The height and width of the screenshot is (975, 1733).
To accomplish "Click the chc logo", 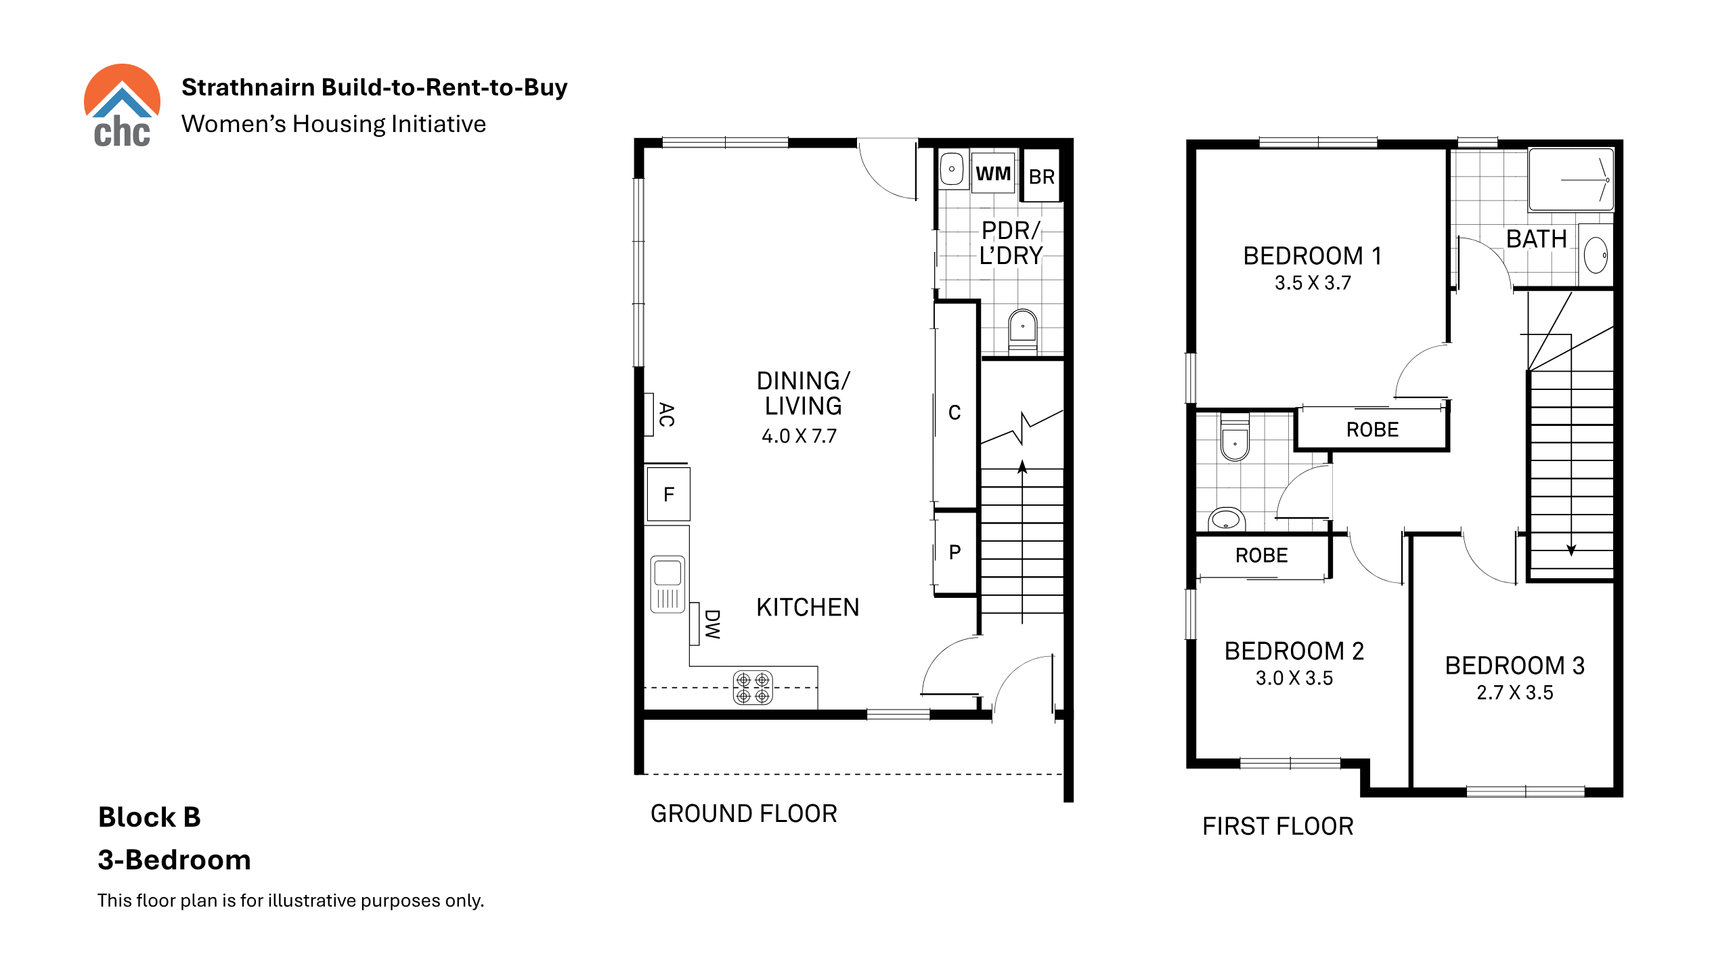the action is (x=122, y=106).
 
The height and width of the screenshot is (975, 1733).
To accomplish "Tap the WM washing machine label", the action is (x=993, y=174).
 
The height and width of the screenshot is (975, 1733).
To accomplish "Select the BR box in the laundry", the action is (x=1041, y=175).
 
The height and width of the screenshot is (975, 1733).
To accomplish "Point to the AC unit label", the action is (x=667, y=414).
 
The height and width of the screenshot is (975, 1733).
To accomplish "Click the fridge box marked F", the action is (x=668, y=494).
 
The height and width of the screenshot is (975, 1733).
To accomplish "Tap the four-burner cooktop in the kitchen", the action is (x=753, y=688).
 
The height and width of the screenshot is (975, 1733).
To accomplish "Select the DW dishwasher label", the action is (x=712, y=624).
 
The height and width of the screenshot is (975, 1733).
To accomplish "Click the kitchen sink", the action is (x=667, y=584).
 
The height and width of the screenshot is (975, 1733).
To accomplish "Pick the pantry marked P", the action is (x=955, y=552).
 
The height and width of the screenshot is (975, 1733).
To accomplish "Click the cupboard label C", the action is (x=955, y=412).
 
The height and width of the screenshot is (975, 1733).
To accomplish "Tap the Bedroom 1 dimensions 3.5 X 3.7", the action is (x=1313, y=283).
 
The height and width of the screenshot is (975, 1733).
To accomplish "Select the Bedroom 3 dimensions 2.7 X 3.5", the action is (x=1515, y=693).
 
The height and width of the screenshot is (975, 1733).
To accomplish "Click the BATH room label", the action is (x=1537, y=239).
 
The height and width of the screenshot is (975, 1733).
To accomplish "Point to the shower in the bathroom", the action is (x=1571, y=179).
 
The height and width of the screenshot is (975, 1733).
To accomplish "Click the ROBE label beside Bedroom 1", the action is (x=1372, y=430).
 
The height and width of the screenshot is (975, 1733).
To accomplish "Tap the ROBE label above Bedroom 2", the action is (x=1261, y=556).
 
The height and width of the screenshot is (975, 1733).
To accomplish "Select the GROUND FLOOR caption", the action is (x=744, y=814).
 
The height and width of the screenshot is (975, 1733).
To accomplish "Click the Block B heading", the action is (x=150, y=817).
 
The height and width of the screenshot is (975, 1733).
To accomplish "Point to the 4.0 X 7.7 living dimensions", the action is (x=799, y=436).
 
